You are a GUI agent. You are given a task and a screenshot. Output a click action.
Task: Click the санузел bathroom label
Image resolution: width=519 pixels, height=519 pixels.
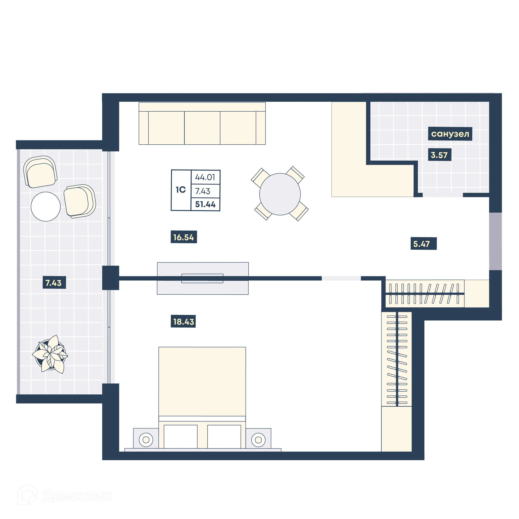click(450, 134)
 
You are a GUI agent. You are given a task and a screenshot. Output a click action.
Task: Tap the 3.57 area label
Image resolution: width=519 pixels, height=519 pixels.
click(439, 155)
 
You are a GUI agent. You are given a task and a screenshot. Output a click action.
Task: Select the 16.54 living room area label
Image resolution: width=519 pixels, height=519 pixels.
click(184, 237)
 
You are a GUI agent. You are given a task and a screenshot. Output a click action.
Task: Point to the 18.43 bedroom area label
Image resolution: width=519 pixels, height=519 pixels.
click(183, 321)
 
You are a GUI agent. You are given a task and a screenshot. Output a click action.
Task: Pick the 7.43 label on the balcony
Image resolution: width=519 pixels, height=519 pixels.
click(54, 283)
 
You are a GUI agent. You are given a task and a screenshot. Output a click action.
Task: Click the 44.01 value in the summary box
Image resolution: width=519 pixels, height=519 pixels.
click(205, 177)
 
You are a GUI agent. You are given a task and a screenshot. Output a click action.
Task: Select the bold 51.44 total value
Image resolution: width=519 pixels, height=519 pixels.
click(205, 204)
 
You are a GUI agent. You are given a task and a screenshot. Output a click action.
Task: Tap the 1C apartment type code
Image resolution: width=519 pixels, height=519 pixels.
click(181, 190)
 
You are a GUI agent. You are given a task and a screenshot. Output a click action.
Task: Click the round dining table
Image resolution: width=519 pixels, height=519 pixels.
click(280, 194)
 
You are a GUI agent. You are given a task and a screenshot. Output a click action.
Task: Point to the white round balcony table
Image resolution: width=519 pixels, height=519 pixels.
click(45, 207)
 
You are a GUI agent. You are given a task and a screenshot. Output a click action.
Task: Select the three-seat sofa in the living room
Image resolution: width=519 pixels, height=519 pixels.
click(202, 124)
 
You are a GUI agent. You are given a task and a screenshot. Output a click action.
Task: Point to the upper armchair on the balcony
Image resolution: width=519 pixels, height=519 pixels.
click(41, 172)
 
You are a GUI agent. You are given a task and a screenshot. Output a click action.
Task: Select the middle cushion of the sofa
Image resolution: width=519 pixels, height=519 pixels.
click(202, 128)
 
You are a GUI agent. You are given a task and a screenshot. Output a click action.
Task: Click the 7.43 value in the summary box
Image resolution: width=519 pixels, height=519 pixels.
click(202, 191)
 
